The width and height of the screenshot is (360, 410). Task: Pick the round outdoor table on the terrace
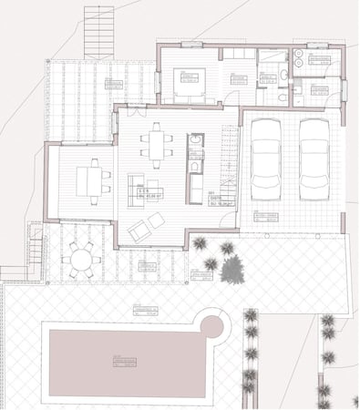81,260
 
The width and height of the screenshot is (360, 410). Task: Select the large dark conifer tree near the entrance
231,269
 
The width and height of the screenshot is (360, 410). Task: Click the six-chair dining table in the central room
155,146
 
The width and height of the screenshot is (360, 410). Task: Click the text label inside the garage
266,217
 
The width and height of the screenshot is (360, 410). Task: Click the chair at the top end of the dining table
156,127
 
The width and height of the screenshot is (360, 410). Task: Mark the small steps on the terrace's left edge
36,248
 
